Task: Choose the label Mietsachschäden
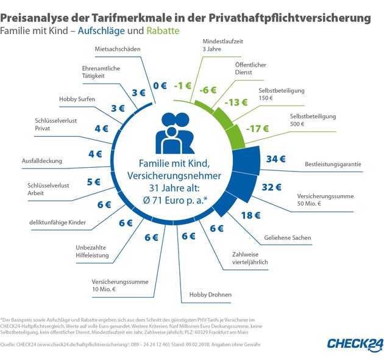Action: coord(118,48)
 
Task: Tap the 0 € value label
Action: coord(160,85)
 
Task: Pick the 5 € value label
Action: coord(94,181)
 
